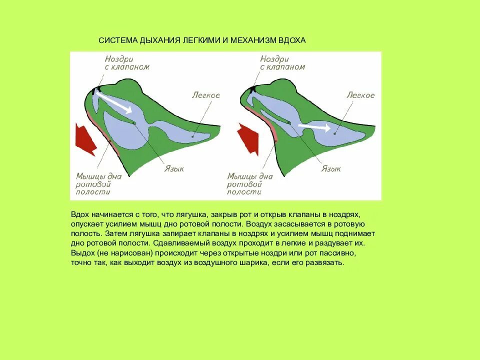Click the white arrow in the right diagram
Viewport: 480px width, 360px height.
313,127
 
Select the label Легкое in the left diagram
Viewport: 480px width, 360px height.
205,94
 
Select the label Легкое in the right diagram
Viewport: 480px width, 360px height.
360,95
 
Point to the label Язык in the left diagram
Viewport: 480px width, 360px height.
174,169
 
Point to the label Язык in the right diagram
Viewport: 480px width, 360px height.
331,169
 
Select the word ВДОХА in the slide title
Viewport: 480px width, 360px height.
292,40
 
